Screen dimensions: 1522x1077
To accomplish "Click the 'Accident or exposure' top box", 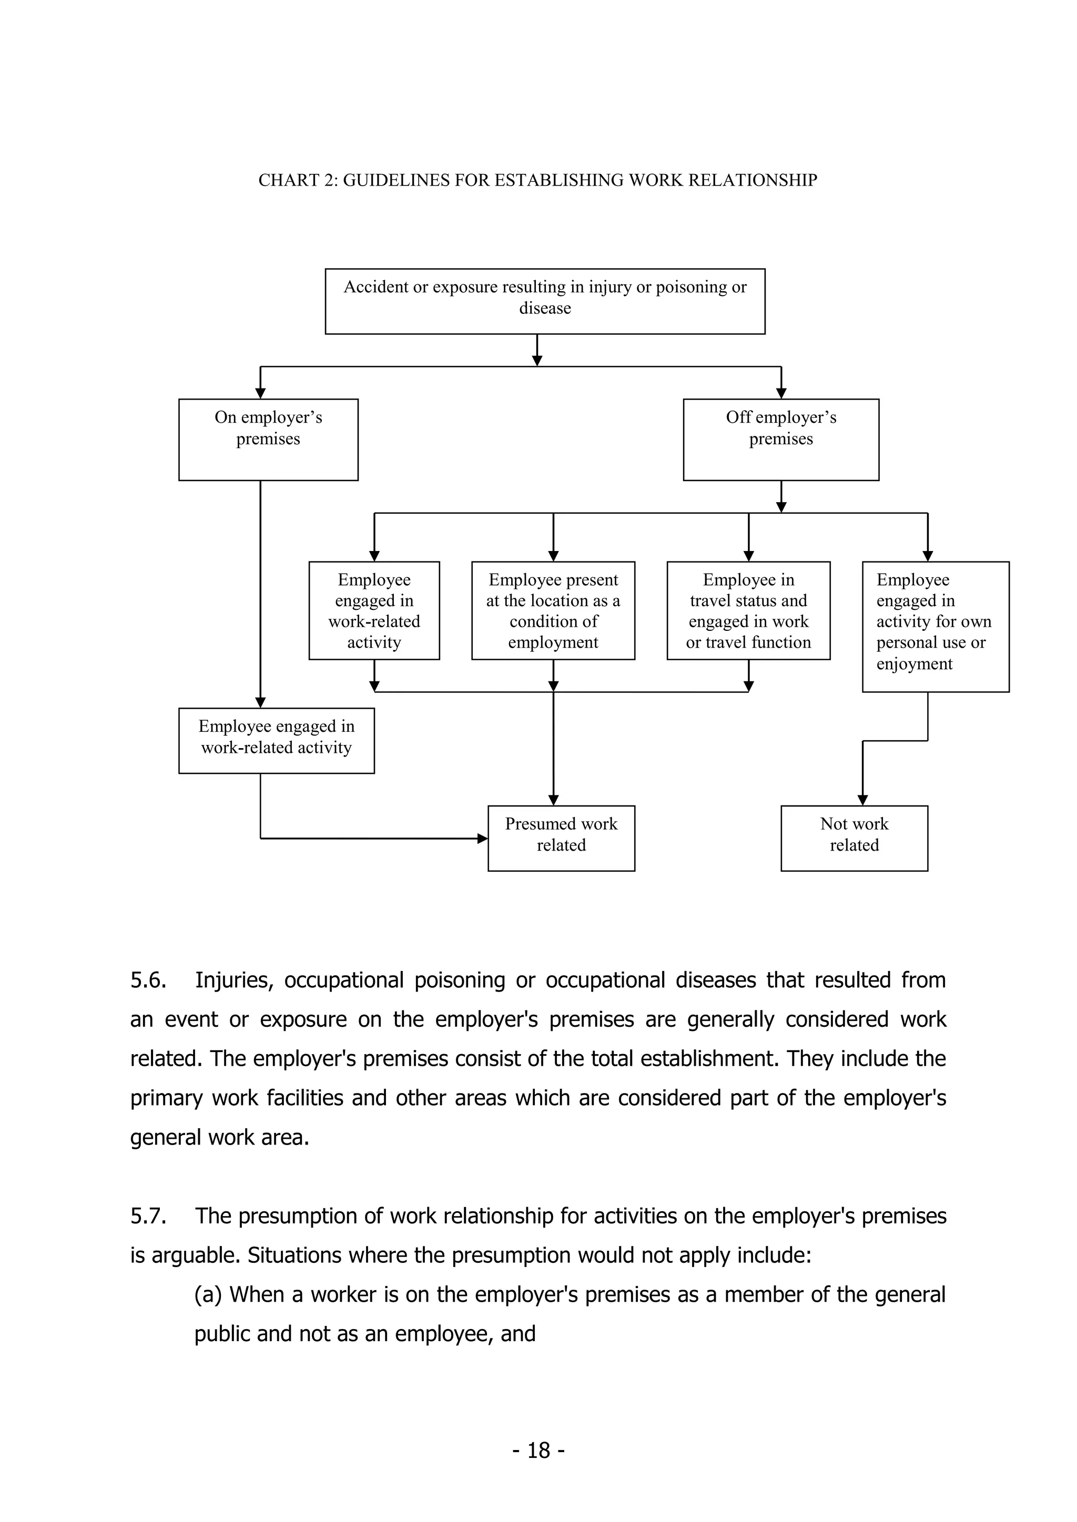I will click(x=544, y=301).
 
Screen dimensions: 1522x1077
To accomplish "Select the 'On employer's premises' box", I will click(x=268, y=439).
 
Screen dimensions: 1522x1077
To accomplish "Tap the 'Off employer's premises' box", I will click(x=780, y=439).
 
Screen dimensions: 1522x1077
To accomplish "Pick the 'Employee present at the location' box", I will click(x=553, y=610).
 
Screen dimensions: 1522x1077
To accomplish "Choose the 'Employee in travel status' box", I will click(x=748, y=610).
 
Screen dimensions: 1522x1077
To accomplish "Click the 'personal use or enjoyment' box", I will click(x=935, y=627).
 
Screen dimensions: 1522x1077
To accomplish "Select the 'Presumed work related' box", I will click(x=561, y=838).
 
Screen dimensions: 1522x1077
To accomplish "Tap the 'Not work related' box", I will click(x=854, y=838).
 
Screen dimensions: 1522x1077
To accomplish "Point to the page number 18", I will click(x=538, y=1450).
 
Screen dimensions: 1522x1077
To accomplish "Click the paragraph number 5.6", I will click(x=148, y=980).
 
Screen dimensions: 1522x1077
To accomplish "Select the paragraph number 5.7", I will click(x=148, y=1215).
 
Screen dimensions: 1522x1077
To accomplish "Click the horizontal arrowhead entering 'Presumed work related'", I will click(x=483, y=839).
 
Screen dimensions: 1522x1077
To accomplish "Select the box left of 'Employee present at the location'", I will click(x=374, y=610).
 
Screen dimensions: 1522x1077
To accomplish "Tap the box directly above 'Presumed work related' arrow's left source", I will click(x=276, y=740).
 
